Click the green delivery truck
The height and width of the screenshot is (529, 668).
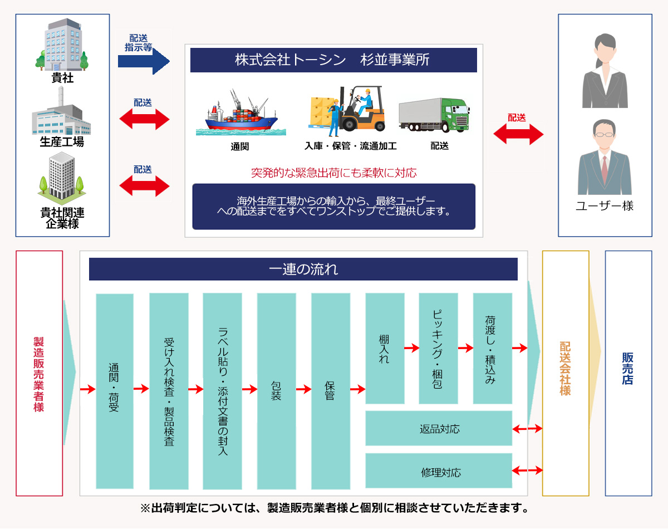click(x=434, y=115)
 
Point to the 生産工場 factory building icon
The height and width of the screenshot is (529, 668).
click(x=61, y=114)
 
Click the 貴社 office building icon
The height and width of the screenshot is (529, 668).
click(x=62, y=45)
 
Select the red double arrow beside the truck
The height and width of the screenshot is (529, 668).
click(x=518, y=134)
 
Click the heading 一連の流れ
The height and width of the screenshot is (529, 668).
click(x=303, y=270)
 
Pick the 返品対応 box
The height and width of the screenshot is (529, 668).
click(x=439, y=429)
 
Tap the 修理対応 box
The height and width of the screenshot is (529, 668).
click(x=439, y=472)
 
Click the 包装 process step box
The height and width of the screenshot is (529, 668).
click(x=276, y=391)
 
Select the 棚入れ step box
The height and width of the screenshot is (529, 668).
click(x=385, y=349)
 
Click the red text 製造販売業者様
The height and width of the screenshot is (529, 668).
click(x=39, y=374)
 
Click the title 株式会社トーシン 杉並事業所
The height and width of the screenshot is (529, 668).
click(x=333, y=60)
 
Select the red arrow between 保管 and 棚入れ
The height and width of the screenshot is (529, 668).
click(x=357, y=390)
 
